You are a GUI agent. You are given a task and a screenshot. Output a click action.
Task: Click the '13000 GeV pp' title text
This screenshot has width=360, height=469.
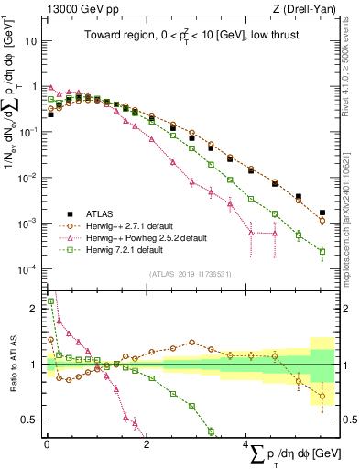pos(77,9)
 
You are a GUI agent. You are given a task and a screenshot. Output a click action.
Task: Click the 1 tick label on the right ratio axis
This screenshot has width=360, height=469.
pos(344,365)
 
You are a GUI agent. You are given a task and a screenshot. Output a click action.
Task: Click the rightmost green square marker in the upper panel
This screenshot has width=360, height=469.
pos(322,251)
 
